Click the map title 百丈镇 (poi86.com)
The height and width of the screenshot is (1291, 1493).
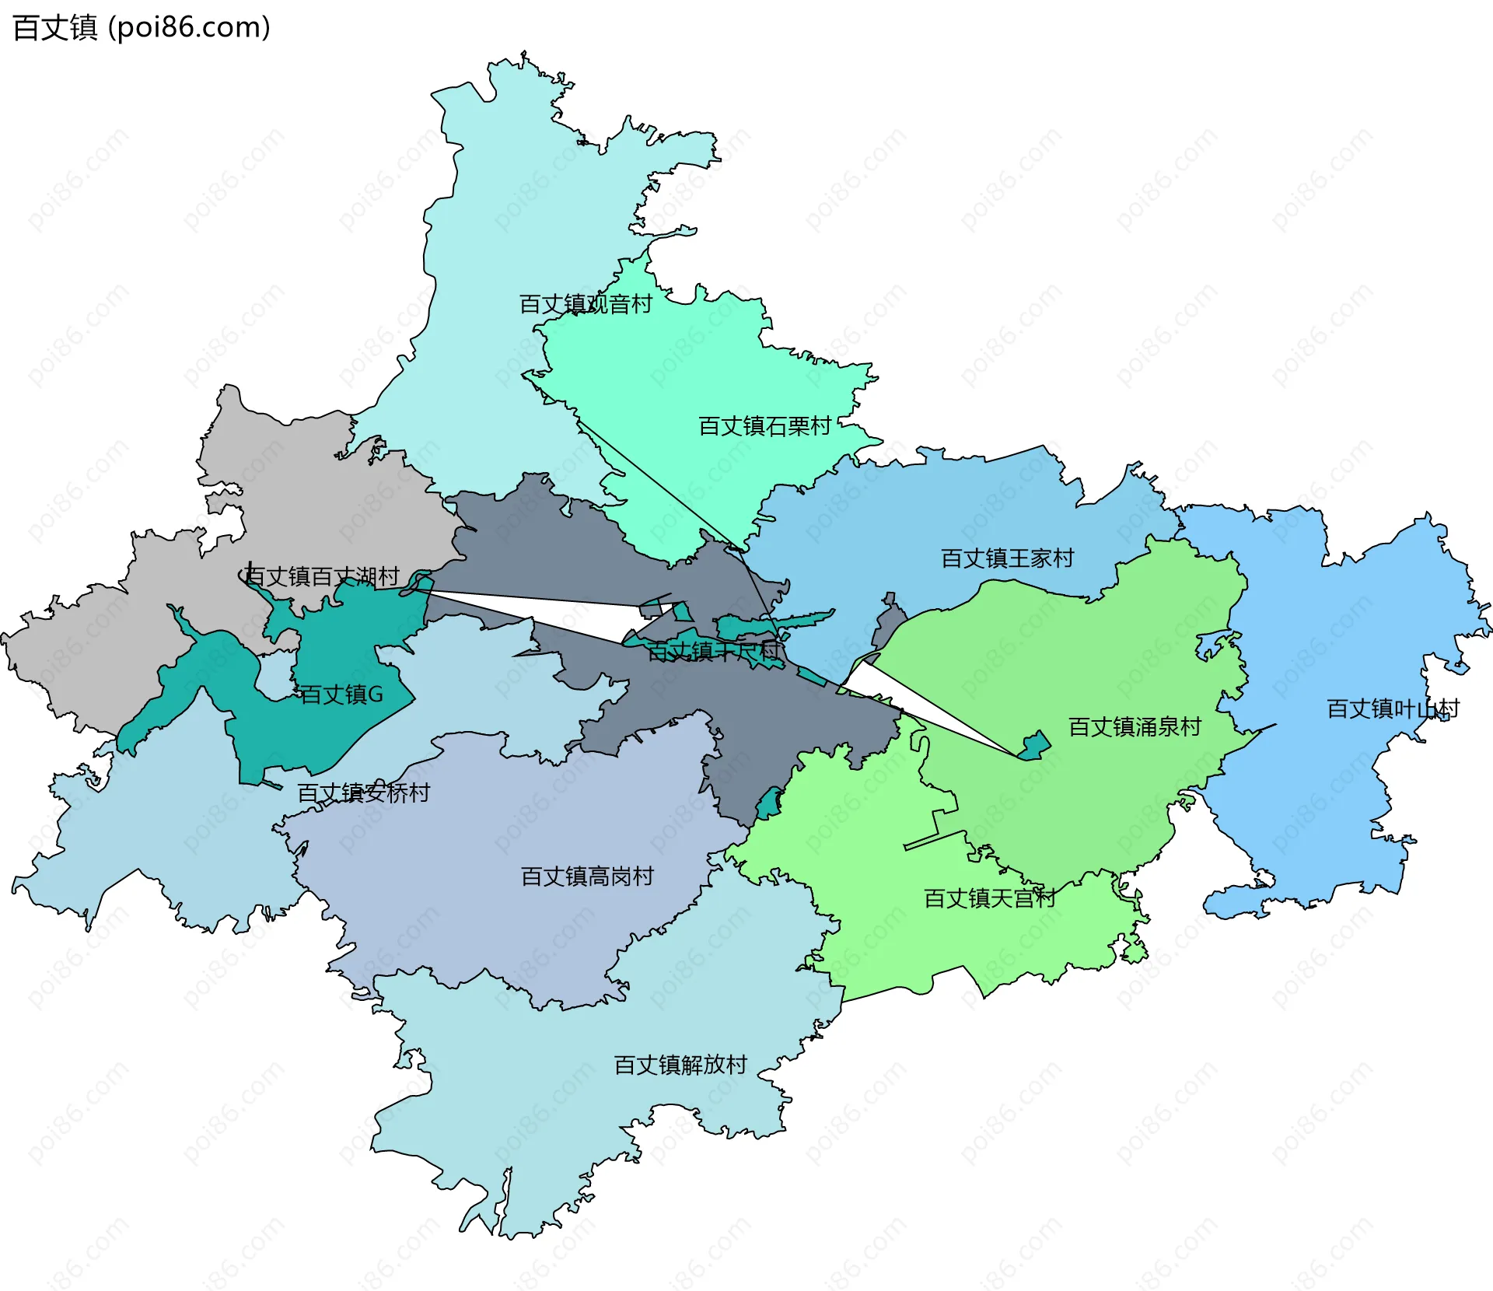coord(142,28)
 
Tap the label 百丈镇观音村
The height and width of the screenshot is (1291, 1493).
coord(585,304)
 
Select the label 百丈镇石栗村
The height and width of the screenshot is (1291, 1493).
coord(764,426)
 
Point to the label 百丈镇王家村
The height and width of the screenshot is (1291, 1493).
coord(1007,558)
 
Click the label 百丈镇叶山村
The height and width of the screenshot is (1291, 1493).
coord(1392,709)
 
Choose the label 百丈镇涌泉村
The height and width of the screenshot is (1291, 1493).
coord(1135,727)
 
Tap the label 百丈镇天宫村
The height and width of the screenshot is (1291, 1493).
coord(989,899)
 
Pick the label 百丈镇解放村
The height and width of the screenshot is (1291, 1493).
coord(680,1065)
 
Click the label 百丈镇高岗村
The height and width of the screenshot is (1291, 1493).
coord(587,877)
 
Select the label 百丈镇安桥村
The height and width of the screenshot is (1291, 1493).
coord(363,793)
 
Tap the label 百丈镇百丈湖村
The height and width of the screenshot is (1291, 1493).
coord(321,577)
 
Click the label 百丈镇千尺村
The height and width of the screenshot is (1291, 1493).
coord(713,652)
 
